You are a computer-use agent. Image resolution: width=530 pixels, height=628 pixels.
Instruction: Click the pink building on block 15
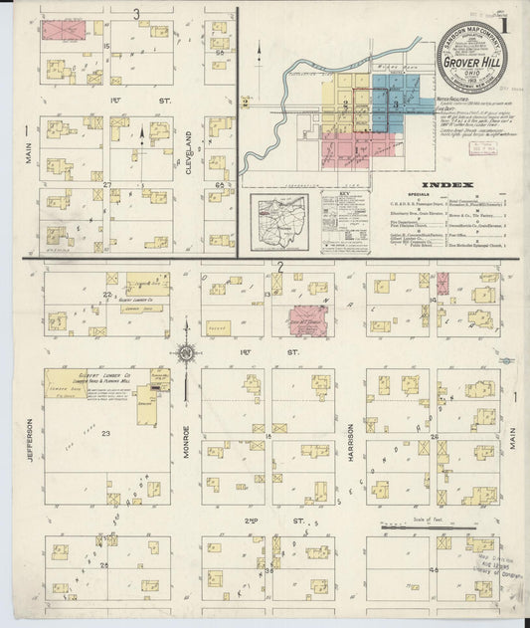click(69, 32)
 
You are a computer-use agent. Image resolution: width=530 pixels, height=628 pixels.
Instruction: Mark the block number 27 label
click(106, 184)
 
